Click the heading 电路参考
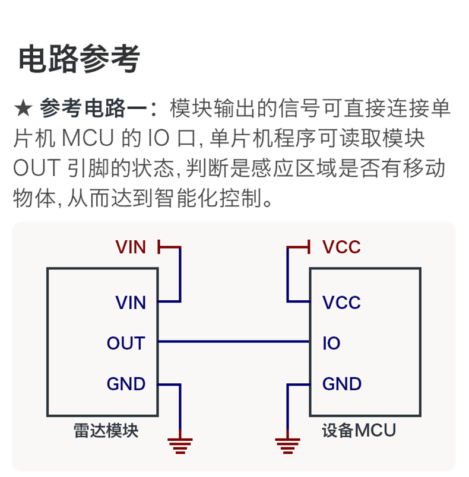[79, 59]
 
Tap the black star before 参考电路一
[23, 109]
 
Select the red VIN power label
[131, 247]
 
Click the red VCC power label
[341, 247]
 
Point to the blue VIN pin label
[131, 303]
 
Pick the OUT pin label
[126, 343]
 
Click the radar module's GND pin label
[126, 384]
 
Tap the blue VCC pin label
[341, 303]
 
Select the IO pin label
[331, 343]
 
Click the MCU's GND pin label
[342, 384]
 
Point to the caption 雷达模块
[106, 431]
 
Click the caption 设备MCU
[359, 430]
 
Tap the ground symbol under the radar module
[180, 446]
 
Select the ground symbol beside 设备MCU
[287, 446]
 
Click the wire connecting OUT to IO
[234, 342]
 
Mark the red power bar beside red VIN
[159, 247]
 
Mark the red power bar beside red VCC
[309, 247]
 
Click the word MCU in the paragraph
[88, 138]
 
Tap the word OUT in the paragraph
[37, 168]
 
